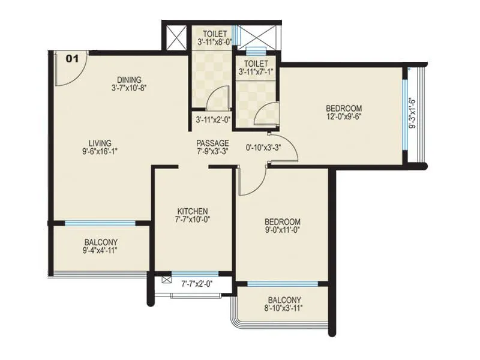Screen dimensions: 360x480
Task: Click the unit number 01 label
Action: point(72,59)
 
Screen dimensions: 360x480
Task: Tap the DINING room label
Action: point(129,80)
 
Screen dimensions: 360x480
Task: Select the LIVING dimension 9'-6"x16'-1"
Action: point(101,151)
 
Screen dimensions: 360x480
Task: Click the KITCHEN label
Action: point(193,211)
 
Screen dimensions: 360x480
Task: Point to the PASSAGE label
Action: point(212,143)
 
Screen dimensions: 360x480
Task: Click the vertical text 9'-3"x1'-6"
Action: point(412,113)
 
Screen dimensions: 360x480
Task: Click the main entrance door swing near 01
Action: point(70,70)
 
